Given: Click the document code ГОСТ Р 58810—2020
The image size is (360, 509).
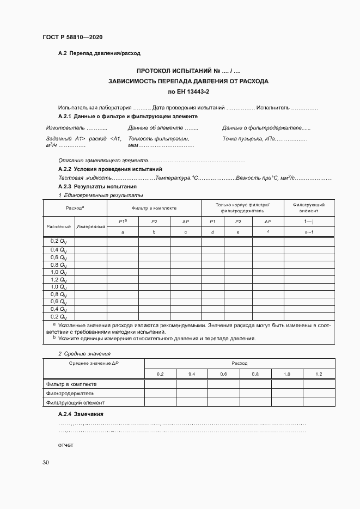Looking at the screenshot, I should tap(72, 37).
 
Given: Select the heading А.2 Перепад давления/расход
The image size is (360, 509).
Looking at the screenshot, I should tap(99, 53).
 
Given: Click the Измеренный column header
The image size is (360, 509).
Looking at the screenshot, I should tap(90, 226).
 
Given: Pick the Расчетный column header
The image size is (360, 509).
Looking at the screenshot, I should tap(58, 226).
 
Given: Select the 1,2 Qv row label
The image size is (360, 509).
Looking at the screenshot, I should tap(58, 279).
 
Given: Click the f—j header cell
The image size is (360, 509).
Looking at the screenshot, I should tap(308, 221).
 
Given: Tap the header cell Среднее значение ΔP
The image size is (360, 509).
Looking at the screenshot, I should tap(93, 363).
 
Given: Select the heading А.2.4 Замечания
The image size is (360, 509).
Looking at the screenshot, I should tap(81, 414).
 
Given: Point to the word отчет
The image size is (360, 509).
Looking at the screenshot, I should tap(65, 445).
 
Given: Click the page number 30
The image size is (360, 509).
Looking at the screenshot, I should tap(46, 463).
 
